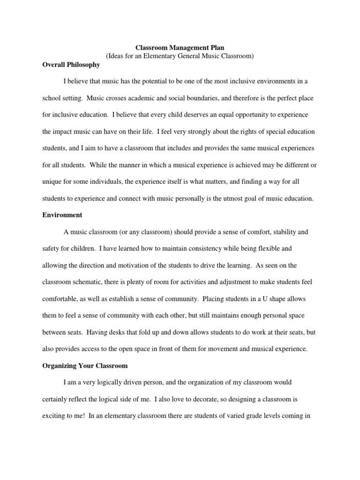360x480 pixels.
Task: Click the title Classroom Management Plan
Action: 180,47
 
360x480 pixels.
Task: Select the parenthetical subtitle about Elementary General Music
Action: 180,56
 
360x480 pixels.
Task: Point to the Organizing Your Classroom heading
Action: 85,365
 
